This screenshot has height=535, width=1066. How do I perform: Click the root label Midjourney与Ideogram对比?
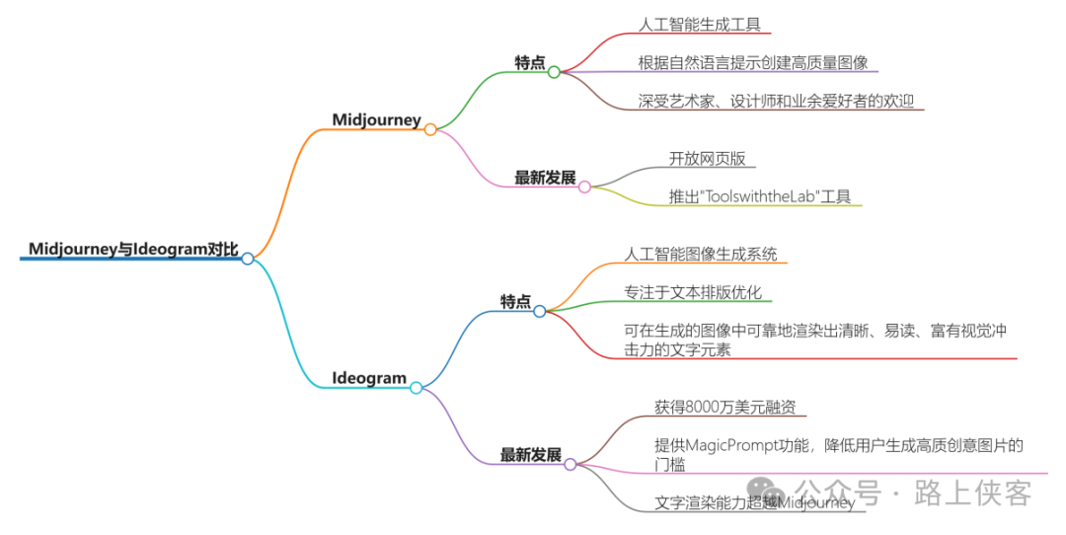pyautogui.click(x=133, y=249)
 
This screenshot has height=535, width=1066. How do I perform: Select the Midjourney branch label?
pyautogui.click(x=376, y=120)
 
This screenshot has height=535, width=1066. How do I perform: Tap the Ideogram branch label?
pyautogui.click(x=369, y=378)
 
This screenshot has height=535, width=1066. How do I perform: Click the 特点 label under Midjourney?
pyautogui.click(x=530, y=62)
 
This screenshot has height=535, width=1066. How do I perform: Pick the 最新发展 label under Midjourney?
pyautogui.click(x=545, y=178)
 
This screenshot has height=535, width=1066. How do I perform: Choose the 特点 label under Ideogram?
pyautogui.click(x=515, y=301)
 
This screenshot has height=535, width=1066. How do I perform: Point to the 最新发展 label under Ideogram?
pyautogui.click(x=531, y=455)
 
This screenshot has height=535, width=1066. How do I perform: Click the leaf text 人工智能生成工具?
pyautogui.click(x=700, y=25)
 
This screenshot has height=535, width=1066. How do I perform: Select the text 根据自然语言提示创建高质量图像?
pyautogui.click(x=753, y=62)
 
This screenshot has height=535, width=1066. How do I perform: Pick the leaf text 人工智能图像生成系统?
pyautogui.click(x=701, y=254)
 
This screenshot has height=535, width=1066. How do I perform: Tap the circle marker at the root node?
pyautogui.click(x=248, y=259)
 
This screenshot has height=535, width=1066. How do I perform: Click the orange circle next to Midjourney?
pyautogui.click(x=430, y=129)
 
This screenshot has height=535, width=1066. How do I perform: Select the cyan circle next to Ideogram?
pyautogui.click(x=416, y=388)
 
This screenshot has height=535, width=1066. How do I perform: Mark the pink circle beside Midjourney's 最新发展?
pyautogui.click(x=584, y=187)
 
